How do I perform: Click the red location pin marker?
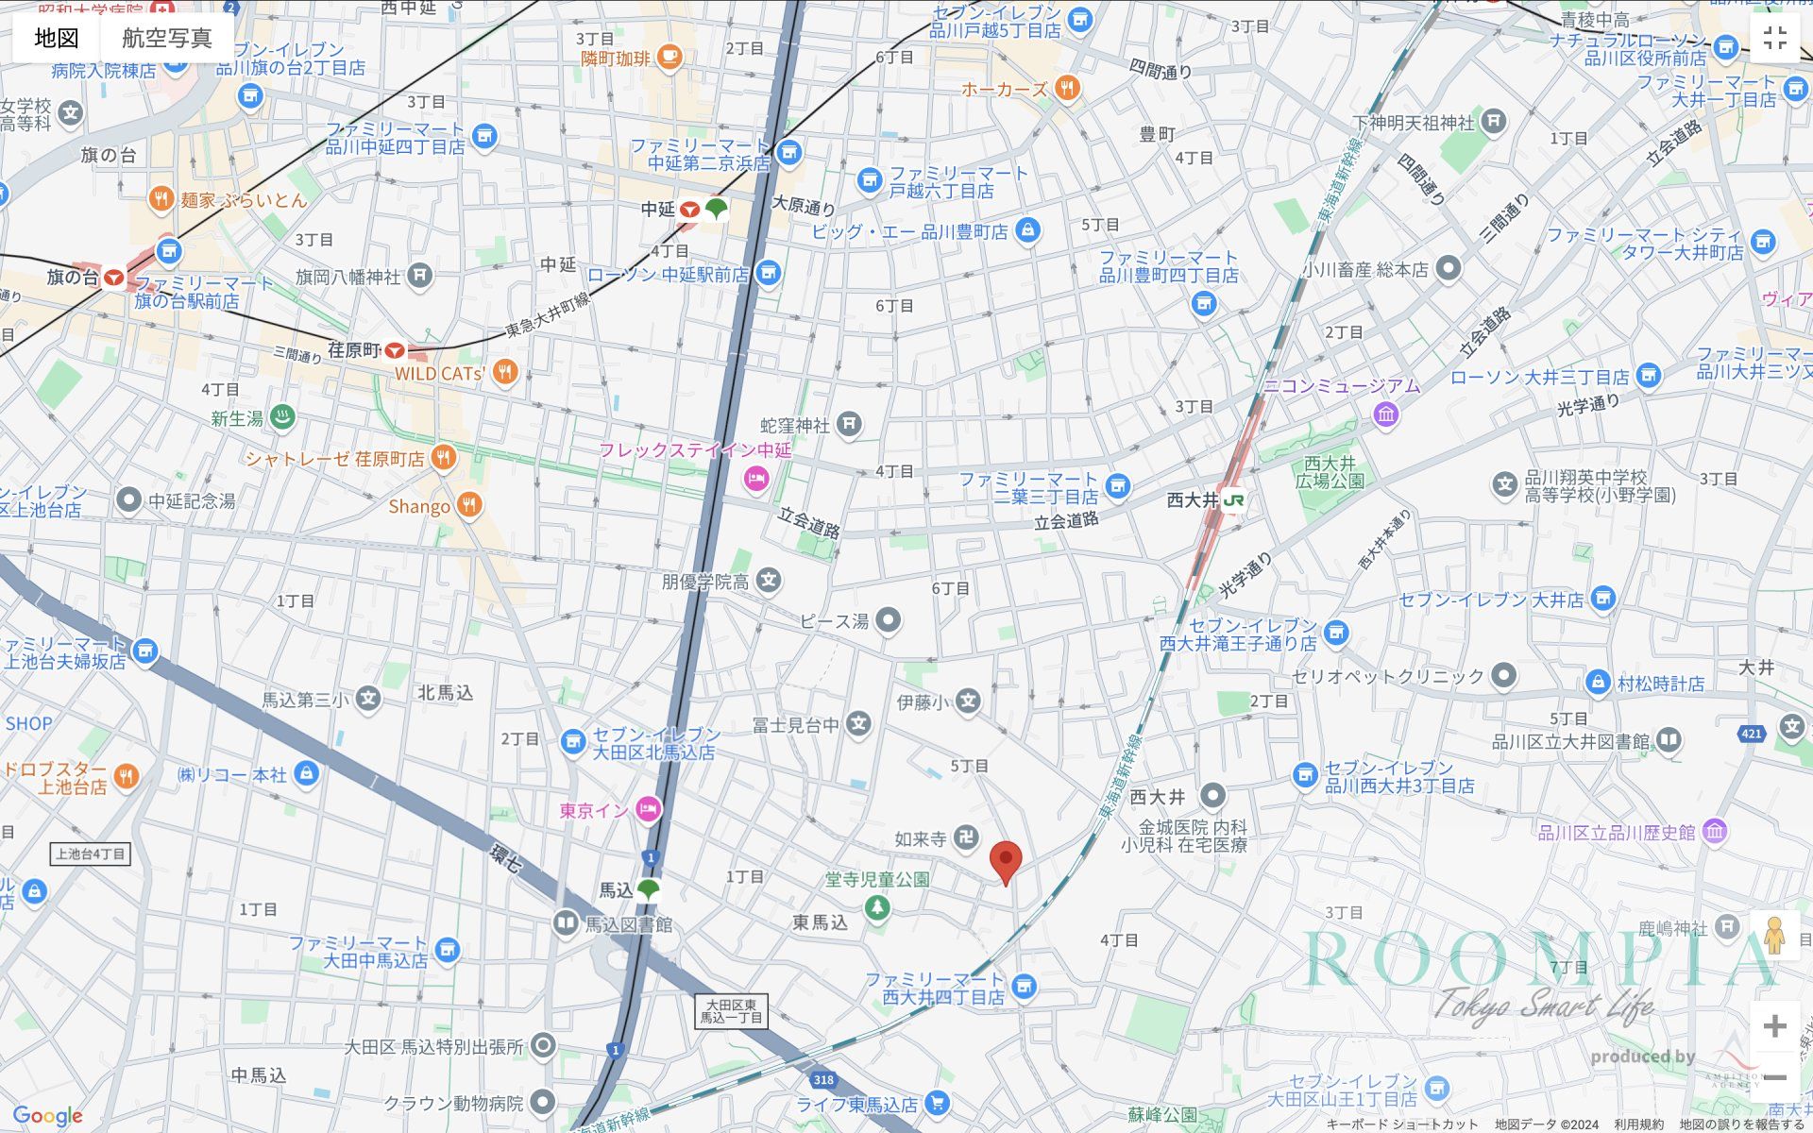(x=1006, y=861)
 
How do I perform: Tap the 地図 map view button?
(x=57, y=38)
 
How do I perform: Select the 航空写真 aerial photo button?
(x=167, y=38)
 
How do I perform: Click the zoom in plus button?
(x=1774, y=1026)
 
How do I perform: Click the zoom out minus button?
(x=1774, y=1077)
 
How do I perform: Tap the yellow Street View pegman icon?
(x=1774, y=936)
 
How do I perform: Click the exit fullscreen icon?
(x=1774, y=38)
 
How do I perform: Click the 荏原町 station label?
(x=354, y=350)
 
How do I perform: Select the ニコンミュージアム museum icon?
(x=1385, y=414)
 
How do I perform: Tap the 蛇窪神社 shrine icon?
(x=849, y=424)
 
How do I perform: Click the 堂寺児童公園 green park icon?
(x=877, y=907)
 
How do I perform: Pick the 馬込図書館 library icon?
(x=565, y=922)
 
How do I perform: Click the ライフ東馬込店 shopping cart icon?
(x=937, y=1102)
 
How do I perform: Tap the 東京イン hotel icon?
(x=648, y=809)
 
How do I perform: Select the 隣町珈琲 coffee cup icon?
(x=669, y=57)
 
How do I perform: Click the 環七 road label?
(x=505, y=857)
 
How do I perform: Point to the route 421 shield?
(x=1752, y=734)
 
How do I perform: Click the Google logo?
(x=47, y=1116)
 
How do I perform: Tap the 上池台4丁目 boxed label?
(x=90, y=854)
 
